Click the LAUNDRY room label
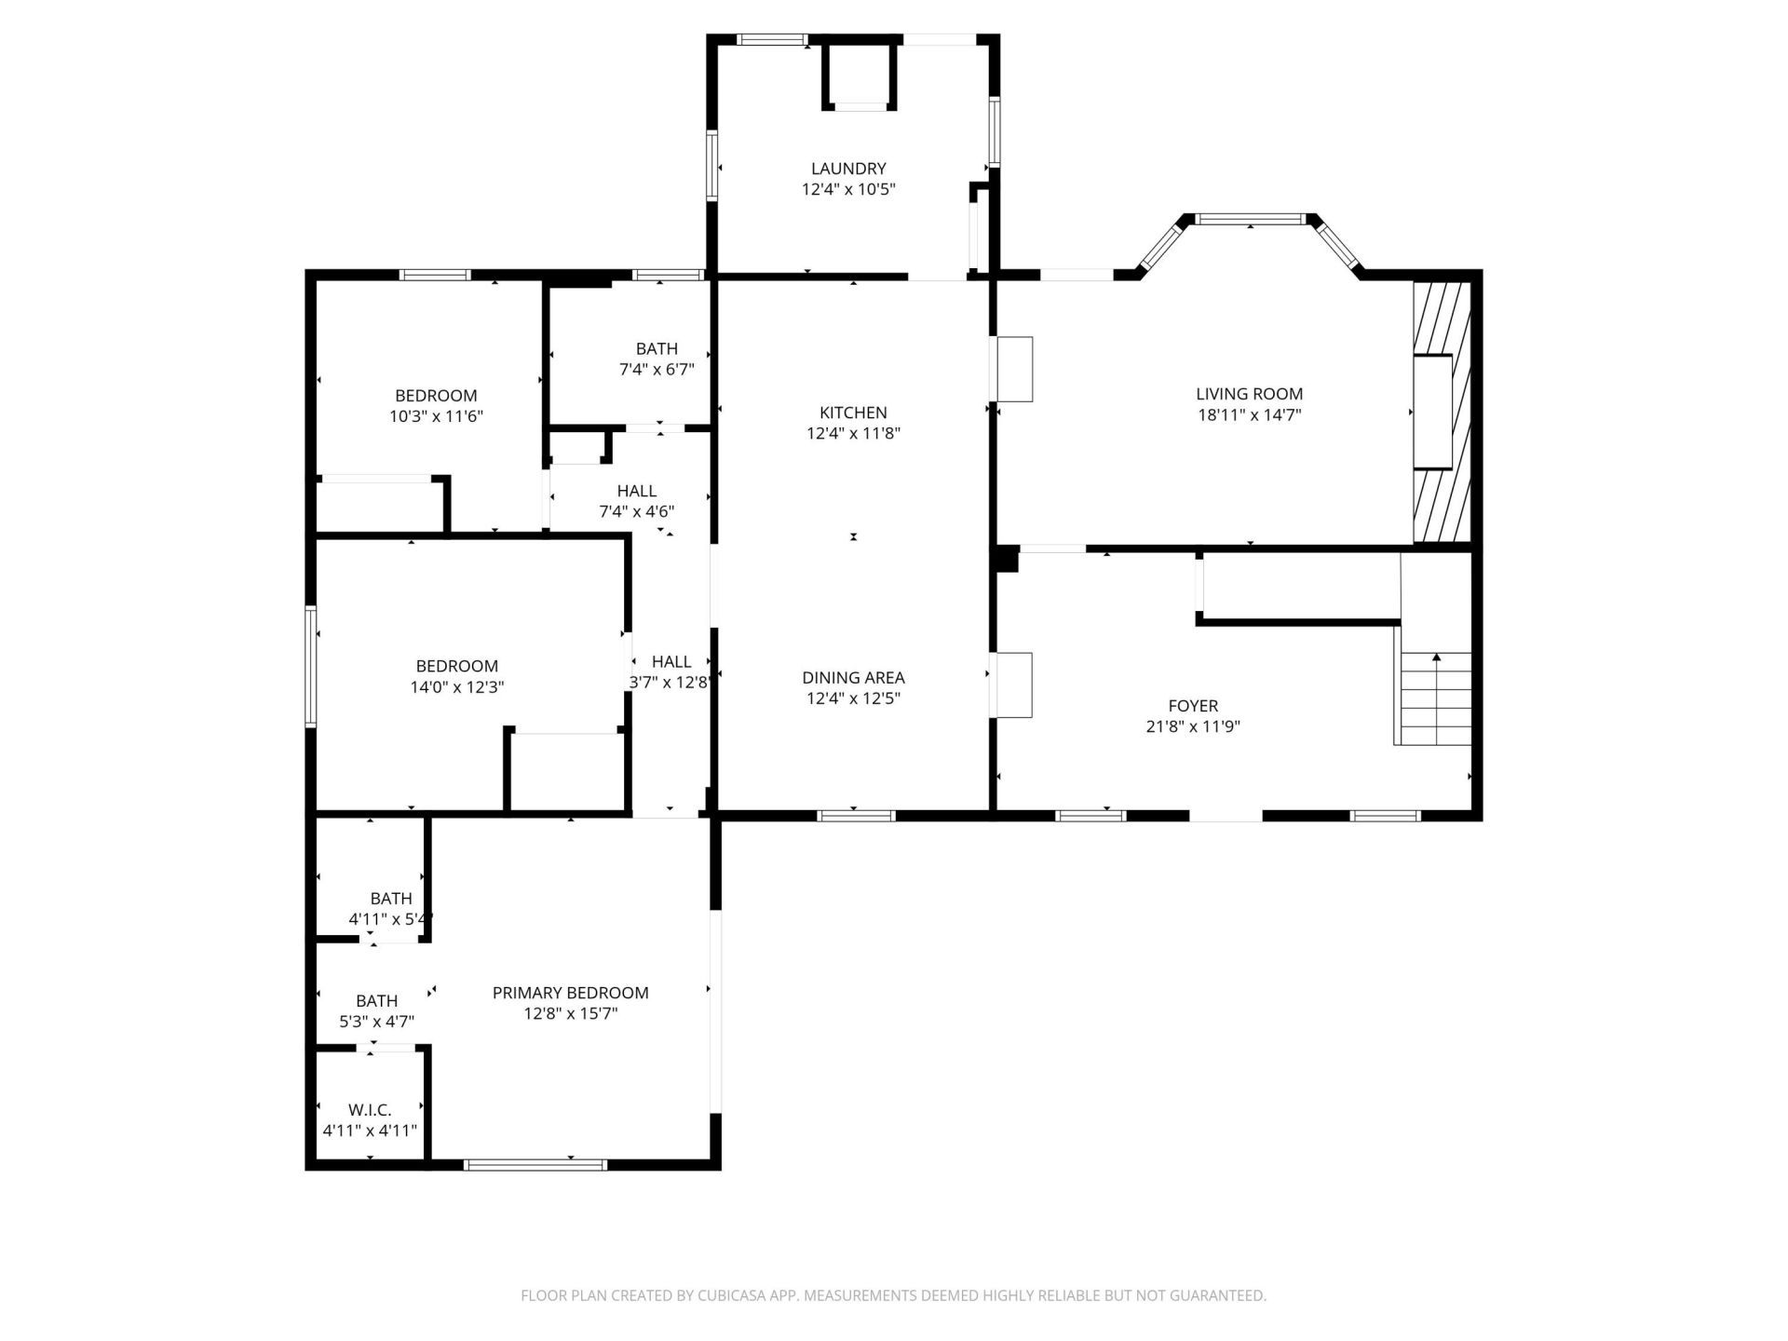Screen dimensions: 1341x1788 [x=847, y=169]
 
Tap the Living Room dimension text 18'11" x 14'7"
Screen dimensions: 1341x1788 [x=1249, y=415]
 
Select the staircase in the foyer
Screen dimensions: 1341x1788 [x=1436, y=698]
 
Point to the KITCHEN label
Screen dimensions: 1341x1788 [x=852, y=413]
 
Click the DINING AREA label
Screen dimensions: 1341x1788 [x=852, y=678]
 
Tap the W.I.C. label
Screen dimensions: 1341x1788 [x=370, y=1110]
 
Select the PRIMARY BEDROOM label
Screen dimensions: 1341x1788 [x=570, y=993]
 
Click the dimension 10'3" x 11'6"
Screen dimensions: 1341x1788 [x=436, y=416]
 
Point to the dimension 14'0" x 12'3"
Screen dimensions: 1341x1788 [x=456, y=687]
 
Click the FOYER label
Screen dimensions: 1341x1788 [x=1192, y=706]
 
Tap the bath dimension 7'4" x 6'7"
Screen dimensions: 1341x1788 [x=657, y=369]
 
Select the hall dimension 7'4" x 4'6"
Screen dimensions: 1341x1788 [x=636, y=511]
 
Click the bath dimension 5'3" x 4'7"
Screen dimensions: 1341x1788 [x=376, y=1022]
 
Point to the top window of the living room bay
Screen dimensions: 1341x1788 [x=1250, y=220]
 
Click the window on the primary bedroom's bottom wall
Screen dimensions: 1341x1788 [x=535, y=1164]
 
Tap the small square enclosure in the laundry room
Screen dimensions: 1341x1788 [x=860, y=74]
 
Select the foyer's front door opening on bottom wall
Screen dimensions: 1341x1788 [x=1226, y=816]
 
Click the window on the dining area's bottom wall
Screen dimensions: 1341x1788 [x=856, y=816]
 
